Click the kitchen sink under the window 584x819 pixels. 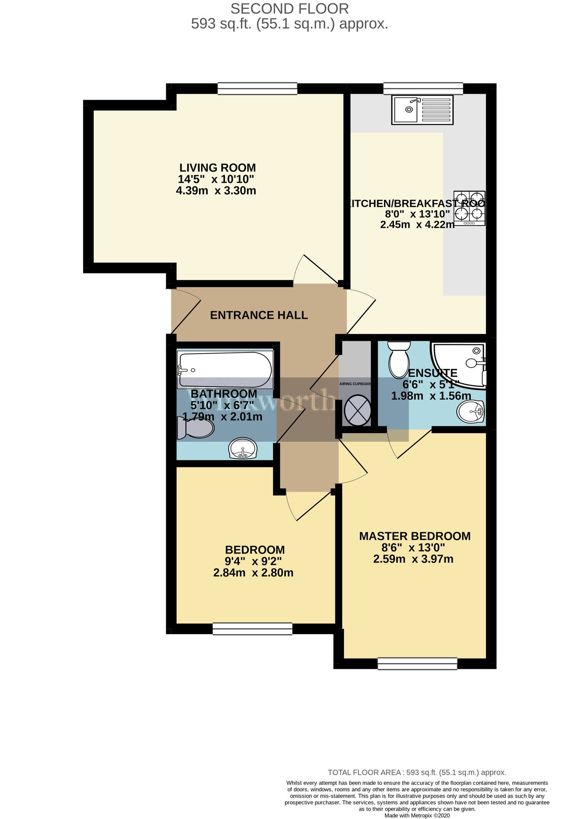(x=422, y=110)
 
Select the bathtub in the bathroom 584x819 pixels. (x=225, y=369)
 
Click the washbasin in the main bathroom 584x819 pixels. (x=244, y=449)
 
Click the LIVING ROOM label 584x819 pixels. (x=217, y=167)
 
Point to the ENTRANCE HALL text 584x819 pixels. (x=259, y=315)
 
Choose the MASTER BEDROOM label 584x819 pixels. (x=414, y=536)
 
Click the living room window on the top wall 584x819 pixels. (x=257, y=88)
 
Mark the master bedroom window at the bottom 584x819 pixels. (x=417, y=664)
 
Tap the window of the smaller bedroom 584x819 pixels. (x=252, y=629)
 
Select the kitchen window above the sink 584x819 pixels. (x=423, y=88)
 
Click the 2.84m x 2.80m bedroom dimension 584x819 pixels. (x=253, y=572)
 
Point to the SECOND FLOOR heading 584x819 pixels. (x=290, y=9)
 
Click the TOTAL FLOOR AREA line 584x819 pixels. (x=417, y=772)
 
